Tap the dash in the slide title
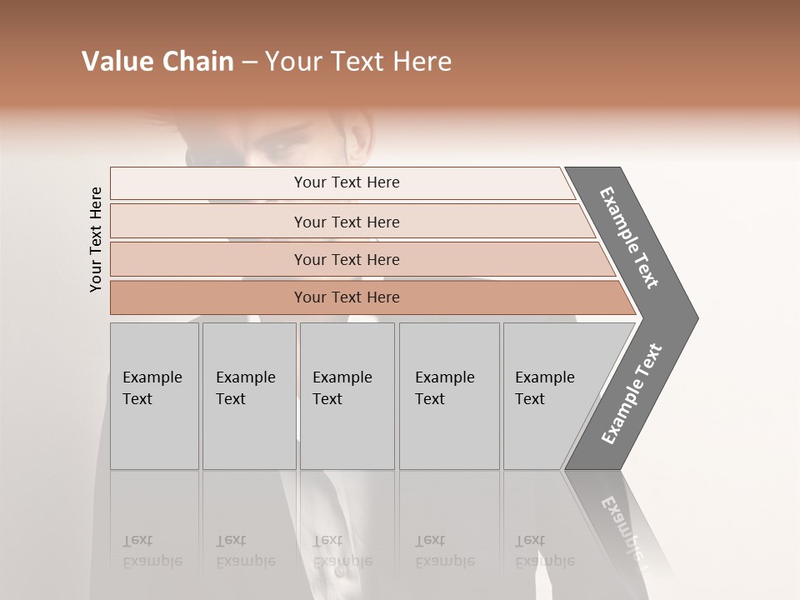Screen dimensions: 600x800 (248, 62)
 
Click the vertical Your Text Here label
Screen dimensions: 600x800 (96, 239)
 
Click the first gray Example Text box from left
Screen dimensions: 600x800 (154, 396)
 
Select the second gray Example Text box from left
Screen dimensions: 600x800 (249, 396)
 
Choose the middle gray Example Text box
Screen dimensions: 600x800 (347, 396)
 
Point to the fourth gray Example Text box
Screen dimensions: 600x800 (449, 396)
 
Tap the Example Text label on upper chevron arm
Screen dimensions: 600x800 (630, 237)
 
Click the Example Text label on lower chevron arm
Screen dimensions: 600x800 (631, 394)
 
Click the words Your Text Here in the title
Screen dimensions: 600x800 (358, 62)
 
